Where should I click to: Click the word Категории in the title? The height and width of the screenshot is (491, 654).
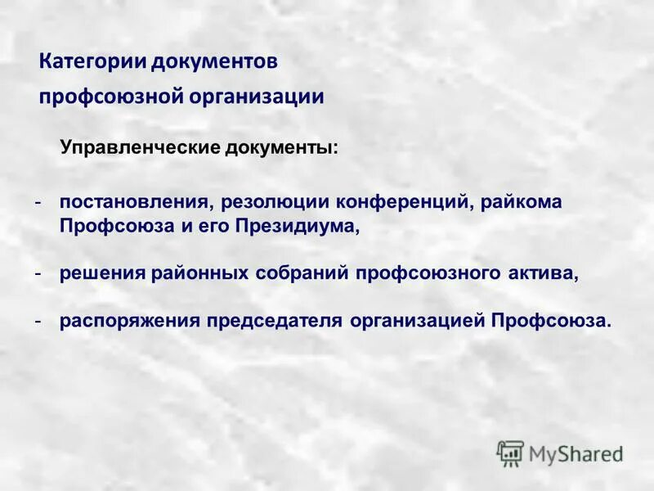coord(84,62)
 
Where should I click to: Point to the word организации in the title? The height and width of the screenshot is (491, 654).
coord(257,97)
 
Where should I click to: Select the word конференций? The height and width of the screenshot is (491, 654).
coord(391,202)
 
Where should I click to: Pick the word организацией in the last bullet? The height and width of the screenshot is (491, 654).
coord(417,320)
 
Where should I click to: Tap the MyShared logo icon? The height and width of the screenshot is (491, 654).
coord(510,453)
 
